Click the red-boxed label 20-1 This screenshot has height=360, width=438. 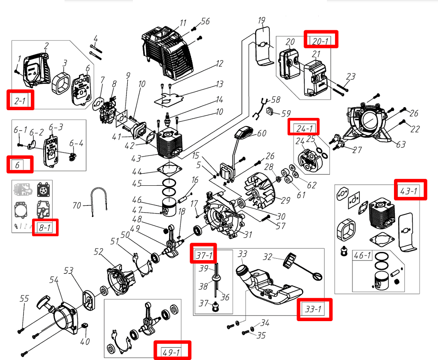[321, 39]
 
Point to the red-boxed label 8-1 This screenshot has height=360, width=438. [45, 227]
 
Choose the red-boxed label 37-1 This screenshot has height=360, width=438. [204, 254]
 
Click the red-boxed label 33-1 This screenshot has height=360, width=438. [315, 309]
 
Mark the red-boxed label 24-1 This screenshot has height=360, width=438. [303, 127]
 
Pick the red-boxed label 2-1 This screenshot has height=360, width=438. [21, 100]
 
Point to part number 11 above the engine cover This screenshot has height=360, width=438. [183, 23]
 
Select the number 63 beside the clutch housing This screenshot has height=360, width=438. [401, 145]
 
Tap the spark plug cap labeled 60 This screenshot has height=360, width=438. [242, 133]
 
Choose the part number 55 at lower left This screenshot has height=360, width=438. [24, 299]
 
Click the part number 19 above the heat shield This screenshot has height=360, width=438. [262, 20]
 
